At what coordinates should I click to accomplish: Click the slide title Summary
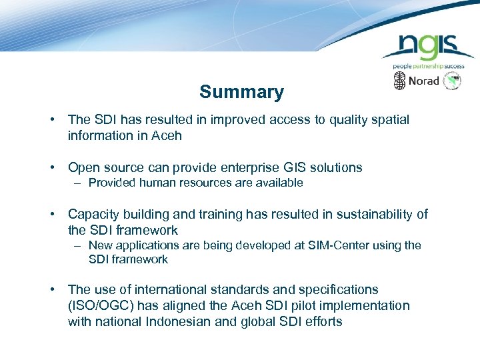click(x=241, y=92)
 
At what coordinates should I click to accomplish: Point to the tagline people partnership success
click(x=428, y=66)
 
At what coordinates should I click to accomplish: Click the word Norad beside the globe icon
click(x=424, y=81)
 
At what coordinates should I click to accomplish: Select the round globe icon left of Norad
click(x=399, y=81)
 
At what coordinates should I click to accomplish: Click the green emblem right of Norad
click(x=453, y=81)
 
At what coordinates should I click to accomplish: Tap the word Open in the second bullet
click(x=83, y=167)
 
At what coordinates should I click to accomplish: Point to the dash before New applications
click(x=78, y=245)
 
